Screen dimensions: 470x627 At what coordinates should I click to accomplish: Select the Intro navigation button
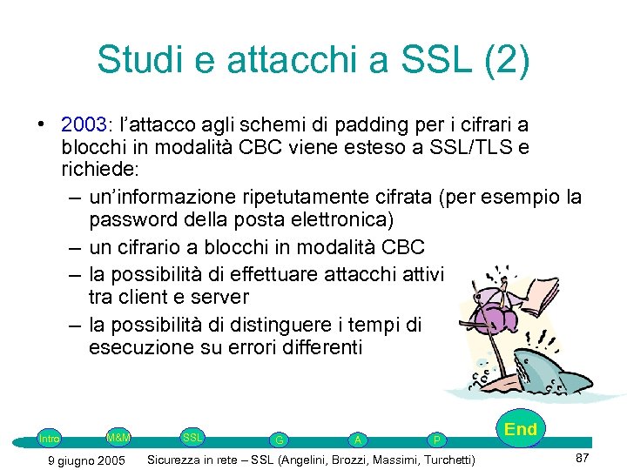[x=50, y=439]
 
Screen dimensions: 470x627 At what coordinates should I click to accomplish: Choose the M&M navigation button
[x=118, y=436]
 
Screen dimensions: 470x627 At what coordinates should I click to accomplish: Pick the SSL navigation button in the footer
[x=192, y=436]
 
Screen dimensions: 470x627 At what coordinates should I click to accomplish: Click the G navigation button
[x=277, y=440]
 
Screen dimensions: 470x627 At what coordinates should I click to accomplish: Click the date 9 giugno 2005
[x=84, y=460]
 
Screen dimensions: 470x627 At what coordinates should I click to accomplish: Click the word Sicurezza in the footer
[x=180, y=460]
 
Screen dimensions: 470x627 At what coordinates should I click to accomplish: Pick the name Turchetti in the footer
[x=446, y=460]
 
